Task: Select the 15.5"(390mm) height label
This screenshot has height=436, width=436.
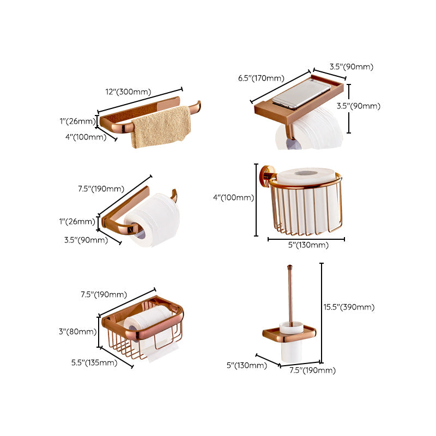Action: [x=349, y=307]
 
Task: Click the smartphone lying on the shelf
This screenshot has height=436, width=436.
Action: [x=301, y=94]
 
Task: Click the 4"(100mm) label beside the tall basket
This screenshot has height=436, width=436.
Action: [x=233, y=198]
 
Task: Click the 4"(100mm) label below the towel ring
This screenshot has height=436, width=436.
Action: [x=86, y=137]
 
